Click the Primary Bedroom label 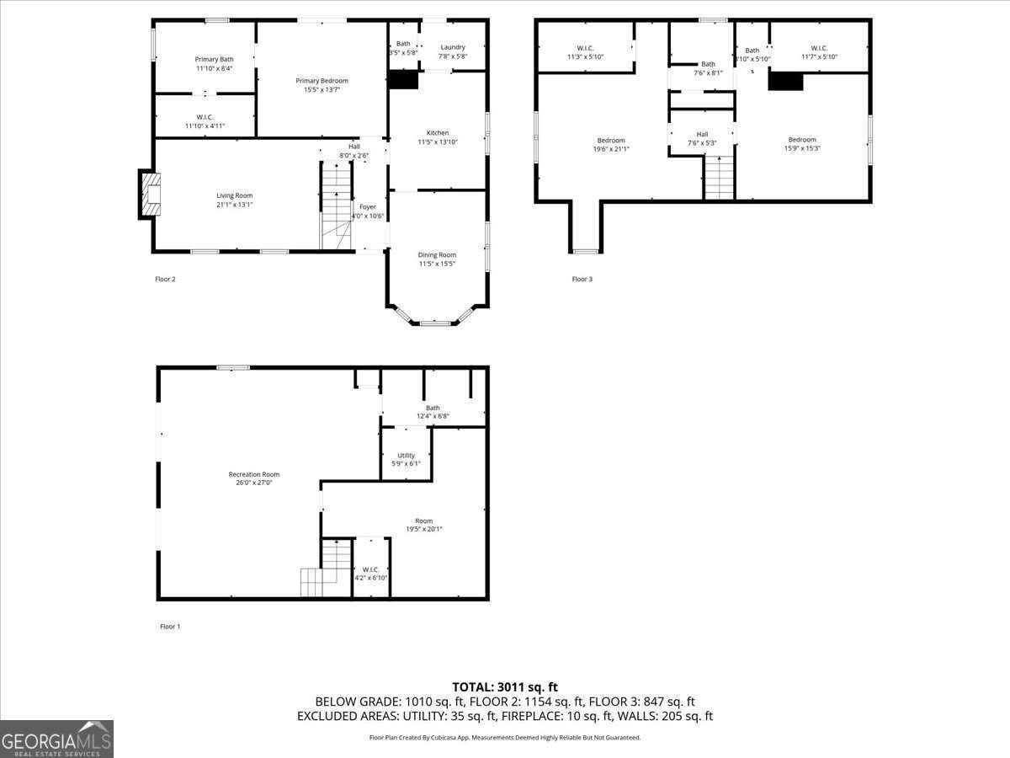point(322,81)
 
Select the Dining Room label point(437,254)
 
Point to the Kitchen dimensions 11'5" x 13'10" point(438,142)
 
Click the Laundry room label point(453,47)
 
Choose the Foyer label point(368,206)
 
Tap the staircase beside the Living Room point(336,207)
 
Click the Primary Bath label point(214,59)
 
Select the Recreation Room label point(254,474)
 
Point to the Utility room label point(406,456)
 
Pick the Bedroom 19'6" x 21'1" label point(611,141)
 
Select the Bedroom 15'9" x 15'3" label point(802,140)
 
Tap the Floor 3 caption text point(582,279)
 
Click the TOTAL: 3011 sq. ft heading point(505,686)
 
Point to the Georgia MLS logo point(57,739)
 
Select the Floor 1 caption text point(170,626)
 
